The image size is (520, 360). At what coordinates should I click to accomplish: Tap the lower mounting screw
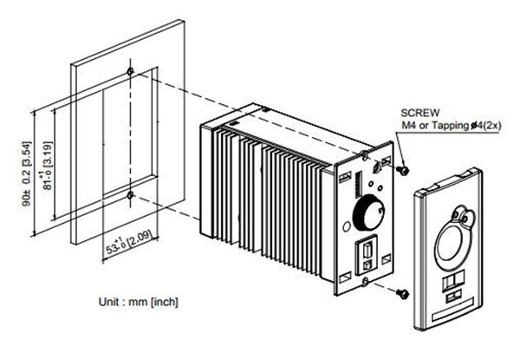pyautogui.click(x=403, y=295)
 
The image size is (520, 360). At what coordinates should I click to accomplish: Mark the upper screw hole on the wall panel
pyautogui.click(x=129, y=70)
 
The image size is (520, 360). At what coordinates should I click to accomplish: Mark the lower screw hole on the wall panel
pyautogui.click(x=129, y=195)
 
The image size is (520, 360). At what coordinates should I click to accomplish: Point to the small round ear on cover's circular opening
pyautogui.click(x=469, y=213)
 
